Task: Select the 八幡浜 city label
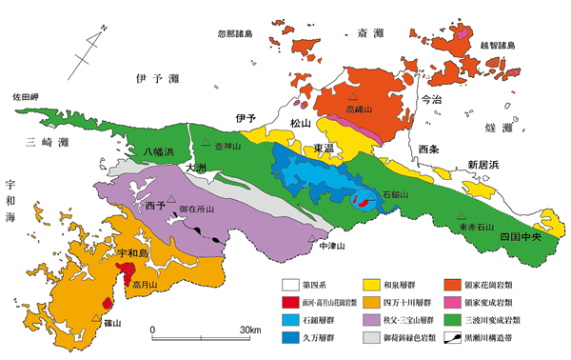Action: pos(159,151)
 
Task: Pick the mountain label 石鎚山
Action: pos(395,193)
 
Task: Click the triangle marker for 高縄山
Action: pos(353,99)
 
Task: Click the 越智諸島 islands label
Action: pos(496,45)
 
